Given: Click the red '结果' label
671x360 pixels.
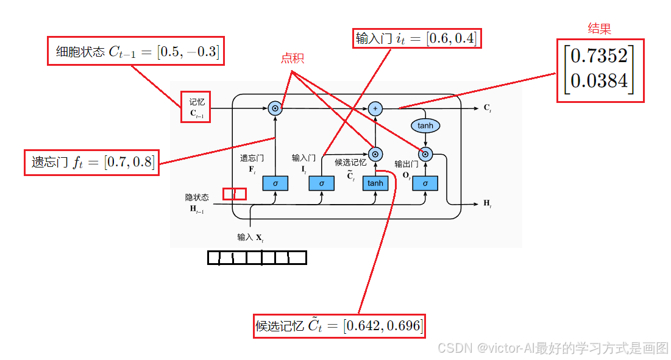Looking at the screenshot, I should coord(598,29).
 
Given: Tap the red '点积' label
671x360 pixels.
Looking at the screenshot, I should coord(292,58).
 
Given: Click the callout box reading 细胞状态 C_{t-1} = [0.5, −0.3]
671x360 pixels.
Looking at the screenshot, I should coord(136,52).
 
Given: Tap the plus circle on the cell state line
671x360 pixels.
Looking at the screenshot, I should coord(375,108).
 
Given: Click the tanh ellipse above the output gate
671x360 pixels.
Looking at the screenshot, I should coord(425,126).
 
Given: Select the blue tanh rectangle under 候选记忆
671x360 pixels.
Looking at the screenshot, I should coord(375,183).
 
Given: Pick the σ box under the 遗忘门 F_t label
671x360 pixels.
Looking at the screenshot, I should coord(275,183).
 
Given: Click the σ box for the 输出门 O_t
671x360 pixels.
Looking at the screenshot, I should coord(425,183).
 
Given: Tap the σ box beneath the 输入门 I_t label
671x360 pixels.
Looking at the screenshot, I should coord(321,183).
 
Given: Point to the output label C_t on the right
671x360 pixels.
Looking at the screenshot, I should coord(487,108).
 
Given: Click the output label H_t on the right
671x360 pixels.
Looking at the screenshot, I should coord(487,203).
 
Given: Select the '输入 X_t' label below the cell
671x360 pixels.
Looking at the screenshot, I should coord(250,237).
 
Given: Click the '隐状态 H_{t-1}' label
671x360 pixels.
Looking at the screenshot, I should coord(197,203).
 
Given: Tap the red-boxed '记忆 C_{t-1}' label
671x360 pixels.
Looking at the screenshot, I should coord(196,107).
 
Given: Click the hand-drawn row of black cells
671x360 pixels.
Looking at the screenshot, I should coord(257,258).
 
